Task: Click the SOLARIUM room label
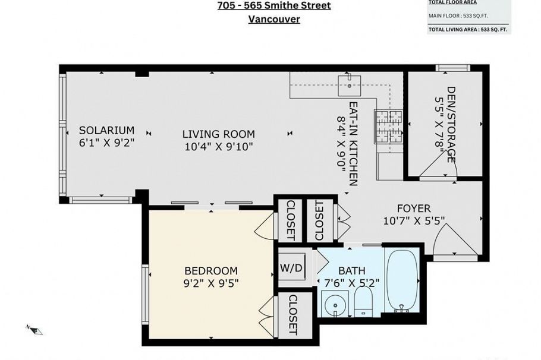(107, 130)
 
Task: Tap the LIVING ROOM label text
(218, 134)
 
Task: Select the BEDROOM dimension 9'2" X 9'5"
(212, 283)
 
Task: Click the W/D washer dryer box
(291, 267)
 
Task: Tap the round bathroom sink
(335, 307)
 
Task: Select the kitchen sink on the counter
(349, 84)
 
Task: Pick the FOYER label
(414, 209)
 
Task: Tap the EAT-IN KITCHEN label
(353, 144)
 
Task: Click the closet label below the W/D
(292, 314)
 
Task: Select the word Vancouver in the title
(273, 19)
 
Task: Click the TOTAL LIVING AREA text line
(468, 29)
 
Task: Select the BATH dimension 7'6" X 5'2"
(351, 283)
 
